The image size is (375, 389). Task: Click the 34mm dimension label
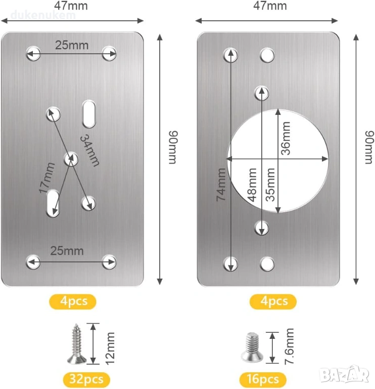(90, 150)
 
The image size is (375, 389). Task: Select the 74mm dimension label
(222, 184)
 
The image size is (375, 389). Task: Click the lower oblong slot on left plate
(53, 203)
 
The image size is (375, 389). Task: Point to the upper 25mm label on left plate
(71, 45)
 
